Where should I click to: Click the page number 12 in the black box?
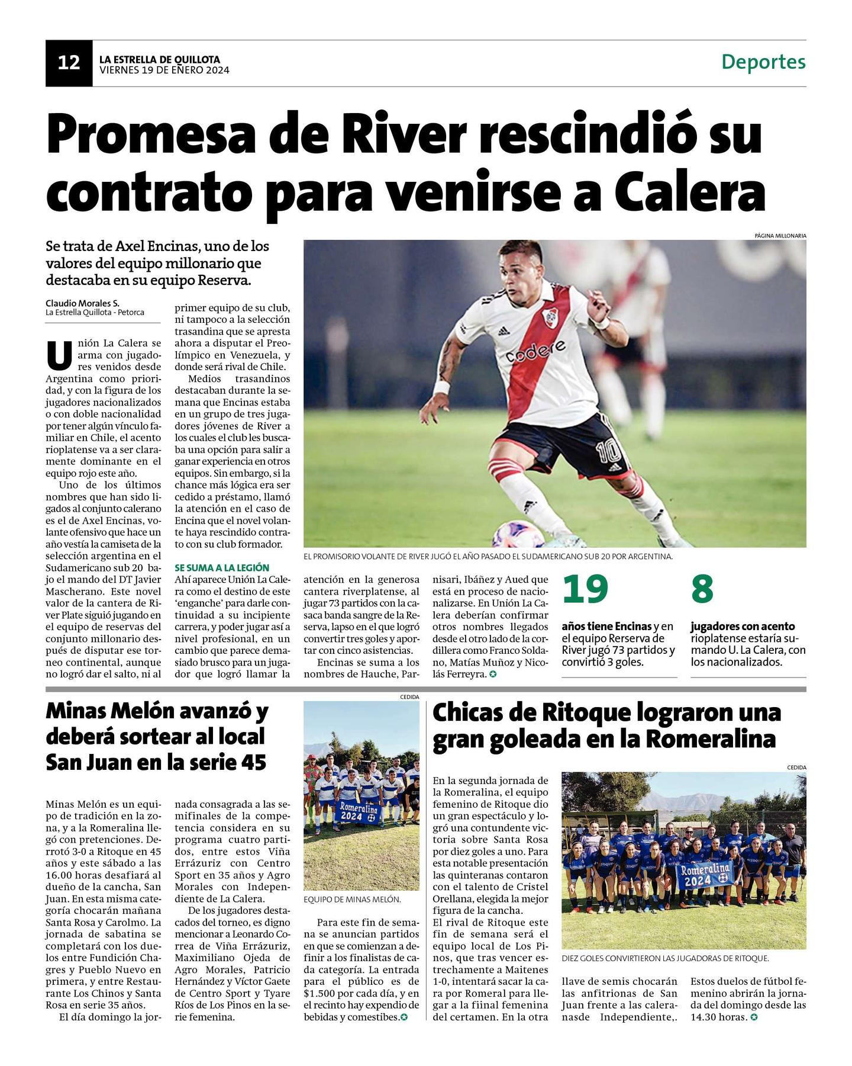pyautogui.click(x=69, y=62)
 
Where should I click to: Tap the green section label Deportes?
pyautogui.click(x=763, y=62)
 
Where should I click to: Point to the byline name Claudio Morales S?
pyautogui.click(x=82, y=303)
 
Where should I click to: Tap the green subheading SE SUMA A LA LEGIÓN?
pyautogui.click(x=222, y=567)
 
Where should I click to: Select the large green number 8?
pyautogui.click(x=702, y=590)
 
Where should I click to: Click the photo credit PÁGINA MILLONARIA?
pyautogui.click(x=780, y=235)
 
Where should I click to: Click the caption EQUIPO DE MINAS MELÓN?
pyautogui.click(x=352, y=899)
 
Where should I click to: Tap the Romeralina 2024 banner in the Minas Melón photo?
pyautogui.click(x=360, y=812)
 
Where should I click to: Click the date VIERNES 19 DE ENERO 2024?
pyautogui.click(x=164, y=70)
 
